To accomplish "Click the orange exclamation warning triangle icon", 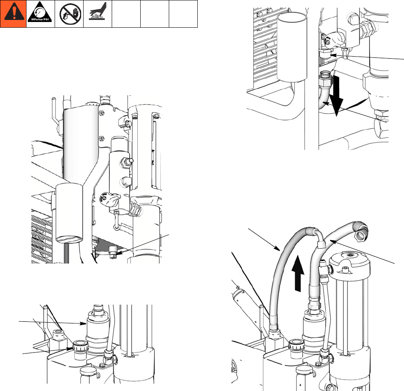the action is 13,14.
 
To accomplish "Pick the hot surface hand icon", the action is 97,13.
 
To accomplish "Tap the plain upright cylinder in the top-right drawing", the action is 292,46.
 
